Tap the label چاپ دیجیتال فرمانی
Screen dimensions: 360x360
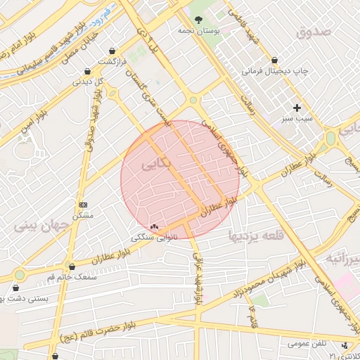(276, 71)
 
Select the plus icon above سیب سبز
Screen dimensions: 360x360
(297, 108)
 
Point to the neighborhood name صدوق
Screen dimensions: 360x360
(312, 32)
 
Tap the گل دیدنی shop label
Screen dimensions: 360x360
(89, 82)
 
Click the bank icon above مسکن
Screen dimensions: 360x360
(83, 205)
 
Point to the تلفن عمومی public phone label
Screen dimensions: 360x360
(308, 345)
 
